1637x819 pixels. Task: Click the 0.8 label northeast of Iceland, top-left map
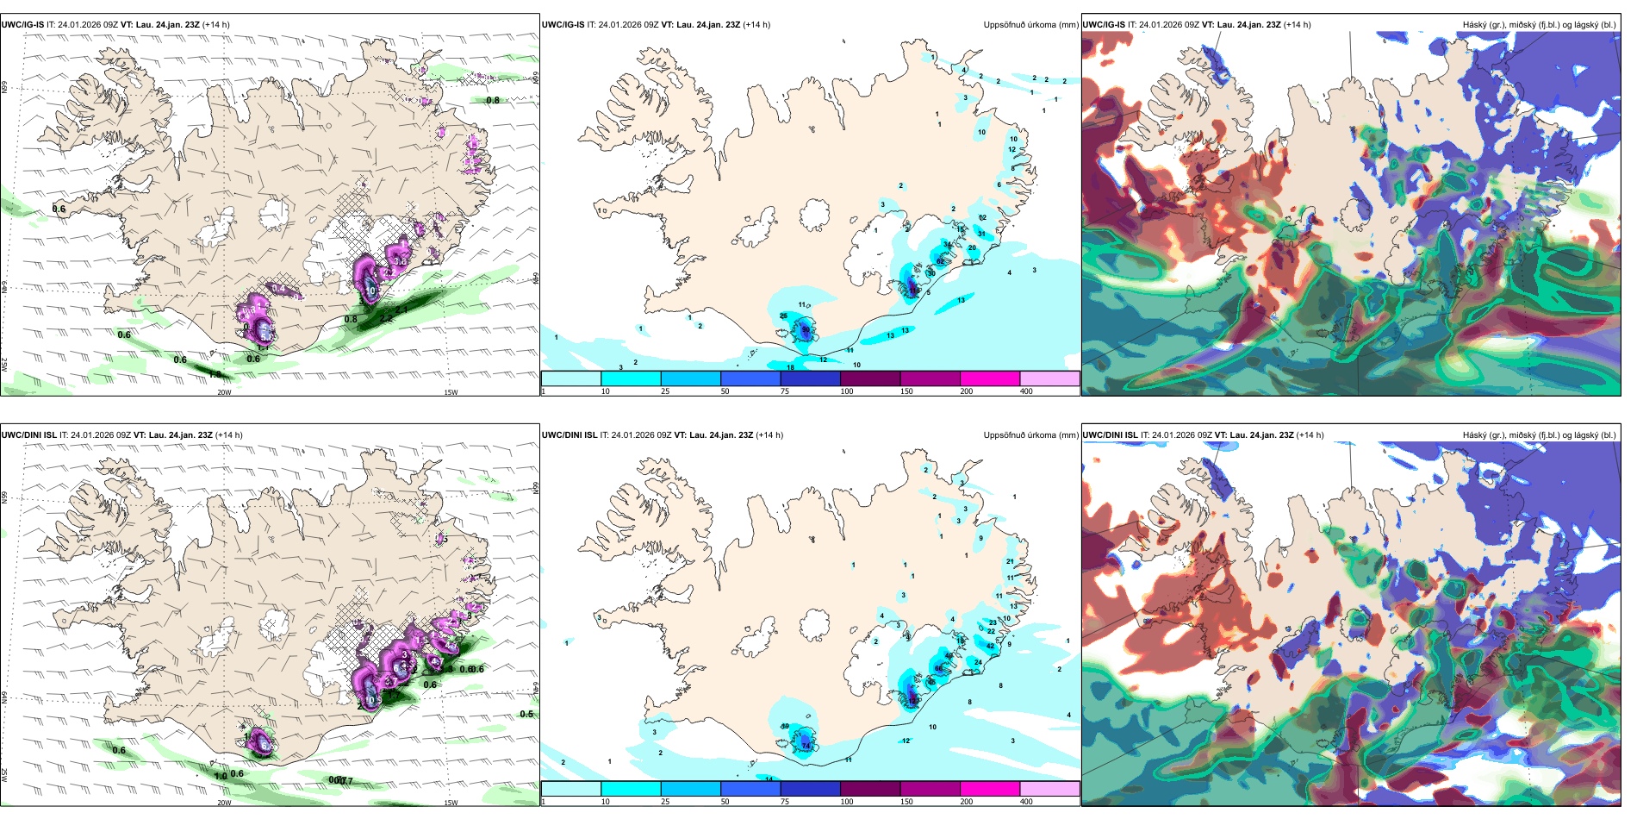click(493, 100)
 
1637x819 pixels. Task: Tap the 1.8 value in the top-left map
click(215, 374)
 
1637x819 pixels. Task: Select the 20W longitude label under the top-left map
click(224, 392)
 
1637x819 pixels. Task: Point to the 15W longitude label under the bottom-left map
click(451, 803)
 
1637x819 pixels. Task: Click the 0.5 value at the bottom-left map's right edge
click(526, 714)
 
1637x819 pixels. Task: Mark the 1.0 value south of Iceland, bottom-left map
click(221, 776)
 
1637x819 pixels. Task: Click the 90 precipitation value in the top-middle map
click(806, 329)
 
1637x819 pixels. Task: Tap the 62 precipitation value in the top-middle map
click(940, 260)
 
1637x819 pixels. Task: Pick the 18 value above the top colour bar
click(790, 368)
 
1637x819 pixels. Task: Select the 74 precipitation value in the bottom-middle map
click(806, 743)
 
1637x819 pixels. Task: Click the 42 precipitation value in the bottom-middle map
click(991, 645)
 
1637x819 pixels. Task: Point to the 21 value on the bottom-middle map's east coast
click(1010, 561)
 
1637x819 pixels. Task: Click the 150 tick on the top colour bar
click(906, 391)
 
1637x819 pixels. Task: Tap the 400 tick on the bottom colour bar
click(1026, 802)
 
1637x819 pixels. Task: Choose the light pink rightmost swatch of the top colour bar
click(1049, 378)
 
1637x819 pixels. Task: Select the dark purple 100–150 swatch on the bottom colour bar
click(870, 789)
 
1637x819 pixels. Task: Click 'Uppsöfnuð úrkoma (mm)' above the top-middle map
click(1030, 25)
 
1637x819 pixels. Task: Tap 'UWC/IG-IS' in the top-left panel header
click(22, 25)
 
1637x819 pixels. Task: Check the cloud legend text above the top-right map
click(1539, 25)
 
